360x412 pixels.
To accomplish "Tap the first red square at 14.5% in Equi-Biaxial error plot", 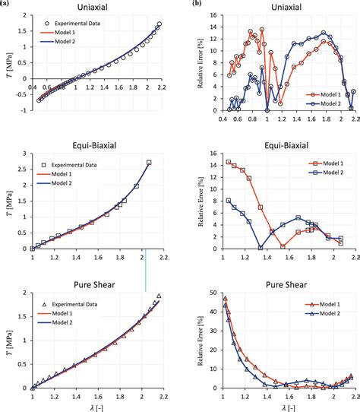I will (x=229, y=162).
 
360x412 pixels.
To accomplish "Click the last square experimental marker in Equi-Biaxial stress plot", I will (x=149, y=162).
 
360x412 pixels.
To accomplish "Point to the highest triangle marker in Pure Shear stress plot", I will (x=159, y=296).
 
